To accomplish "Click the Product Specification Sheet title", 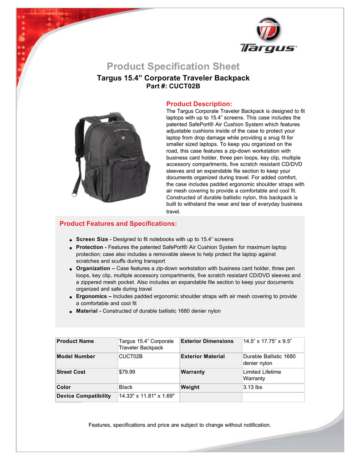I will [173, 67].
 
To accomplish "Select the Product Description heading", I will [199, 104].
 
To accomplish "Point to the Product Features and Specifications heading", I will [118, 224].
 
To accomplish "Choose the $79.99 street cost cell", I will [127, 372].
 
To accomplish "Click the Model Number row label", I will [76, 356].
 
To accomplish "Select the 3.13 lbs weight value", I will [253, 387].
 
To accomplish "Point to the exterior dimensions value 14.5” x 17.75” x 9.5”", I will [267, 341].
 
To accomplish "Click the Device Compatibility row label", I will [84, 396].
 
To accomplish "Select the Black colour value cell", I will [126, 387].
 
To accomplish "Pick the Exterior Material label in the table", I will [203, 356].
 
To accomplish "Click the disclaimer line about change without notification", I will [179, 425].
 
